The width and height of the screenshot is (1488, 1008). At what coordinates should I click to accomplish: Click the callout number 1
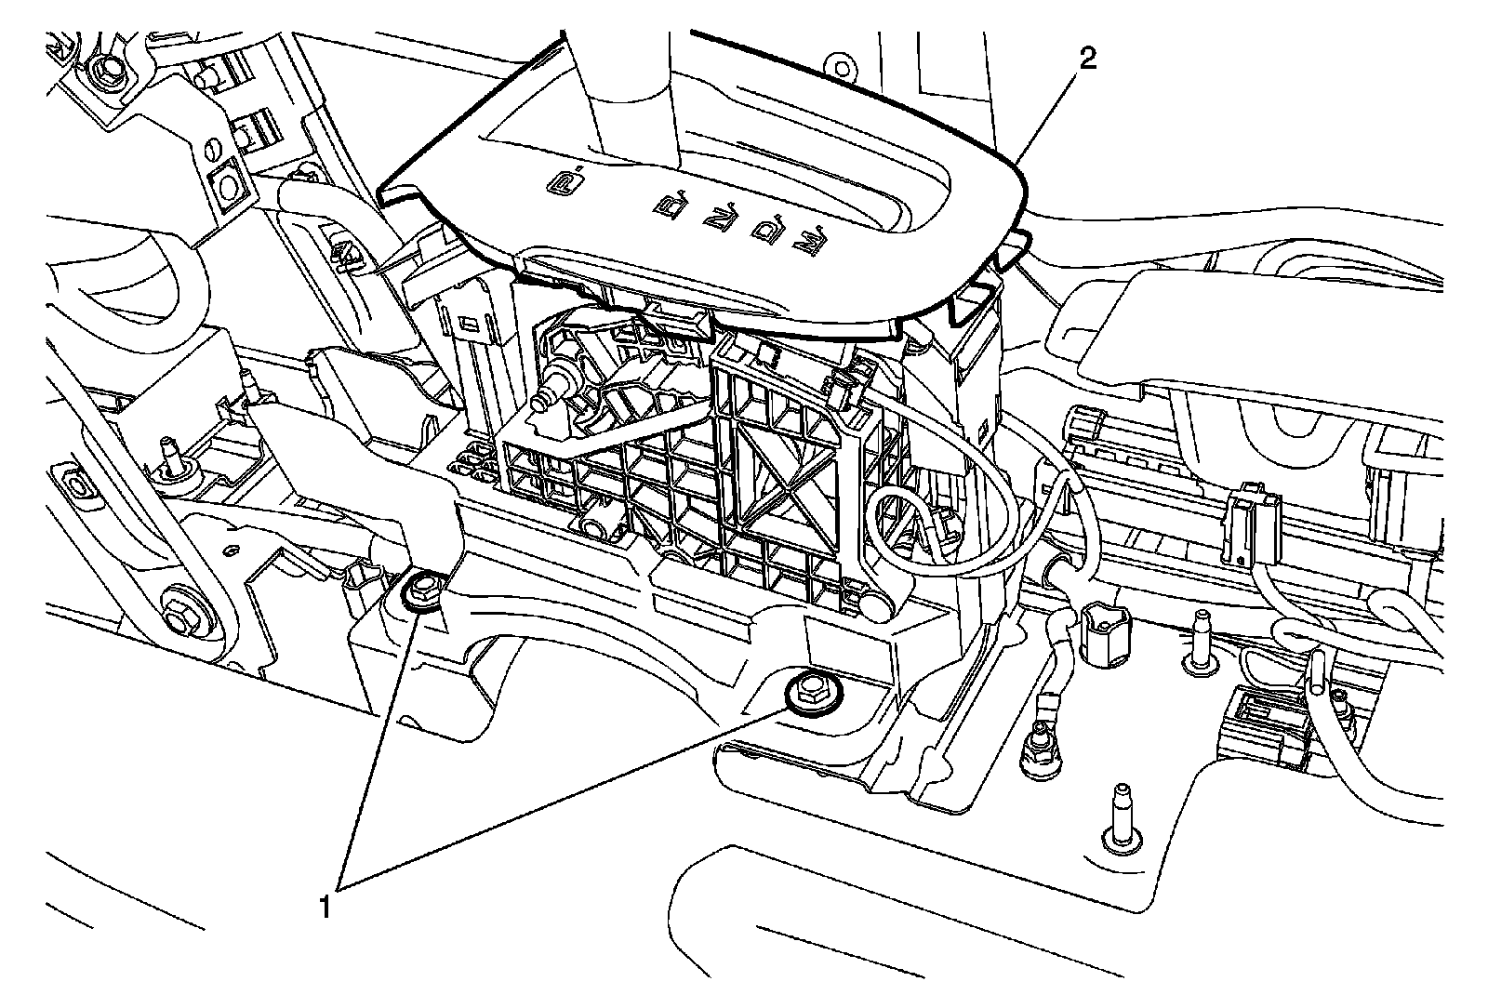click(x=325, y=904)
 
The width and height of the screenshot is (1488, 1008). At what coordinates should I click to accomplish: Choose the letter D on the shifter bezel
click(x=766, y=230)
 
